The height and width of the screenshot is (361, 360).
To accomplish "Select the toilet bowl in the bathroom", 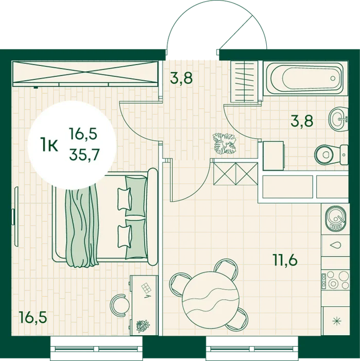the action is pos(331,155).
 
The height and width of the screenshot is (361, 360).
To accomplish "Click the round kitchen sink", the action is pos(336,218).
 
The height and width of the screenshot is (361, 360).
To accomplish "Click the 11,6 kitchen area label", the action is pos(285,260).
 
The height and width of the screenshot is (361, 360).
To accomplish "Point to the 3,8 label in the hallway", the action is pos(181,78).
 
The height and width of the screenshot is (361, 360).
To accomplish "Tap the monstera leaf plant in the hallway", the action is pos(225,143).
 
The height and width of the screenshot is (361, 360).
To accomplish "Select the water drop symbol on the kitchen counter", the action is pos(335,245).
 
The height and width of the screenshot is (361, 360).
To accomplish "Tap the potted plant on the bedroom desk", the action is pos(143,326).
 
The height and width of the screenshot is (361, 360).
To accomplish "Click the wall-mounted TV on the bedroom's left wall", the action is pos(15,217).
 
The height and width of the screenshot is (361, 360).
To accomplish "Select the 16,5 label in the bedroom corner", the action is pos(33,317).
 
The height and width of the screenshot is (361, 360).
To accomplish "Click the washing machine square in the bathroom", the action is pos(273,156).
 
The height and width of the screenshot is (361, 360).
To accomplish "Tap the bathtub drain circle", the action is pos(333,78).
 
